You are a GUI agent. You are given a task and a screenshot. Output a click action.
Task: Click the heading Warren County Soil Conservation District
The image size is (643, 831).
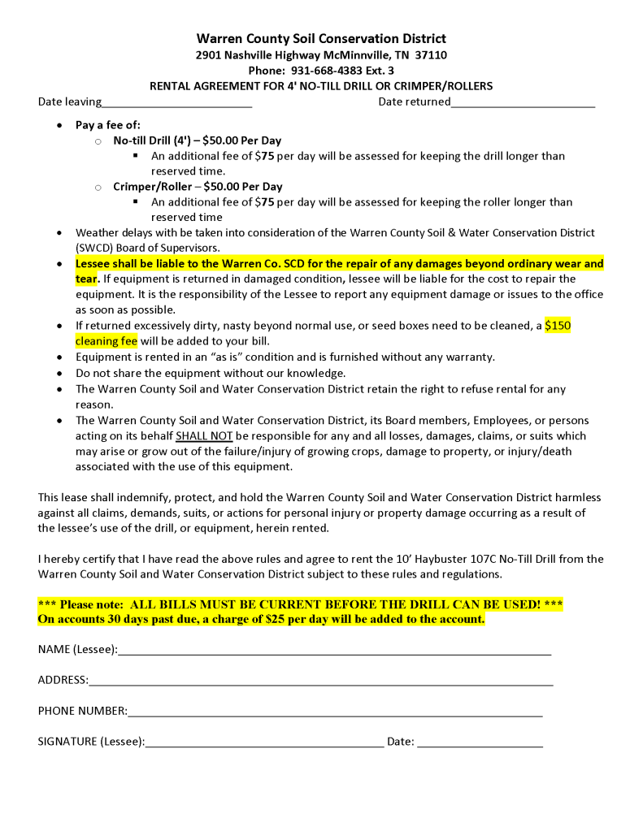pyautogui.click(x=321, y=38)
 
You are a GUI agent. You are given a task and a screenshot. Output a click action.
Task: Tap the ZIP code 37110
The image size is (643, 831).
pyautogui.click(x=431, y=54)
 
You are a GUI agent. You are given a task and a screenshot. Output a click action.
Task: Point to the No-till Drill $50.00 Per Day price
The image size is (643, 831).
pyautogui.click(x=242, y=141)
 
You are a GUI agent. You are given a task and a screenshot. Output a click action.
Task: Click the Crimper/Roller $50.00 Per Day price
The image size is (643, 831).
pyautogui.click(x=243, y=187)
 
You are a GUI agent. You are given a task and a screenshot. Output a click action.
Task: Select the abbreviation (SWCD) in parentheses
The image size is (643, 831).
pyautogui.click(x=98, y=247)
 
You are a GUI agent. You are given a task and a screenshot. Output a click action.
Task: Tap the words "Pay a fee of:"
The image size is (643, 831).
pyautogui.click(x=108, y=125)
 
